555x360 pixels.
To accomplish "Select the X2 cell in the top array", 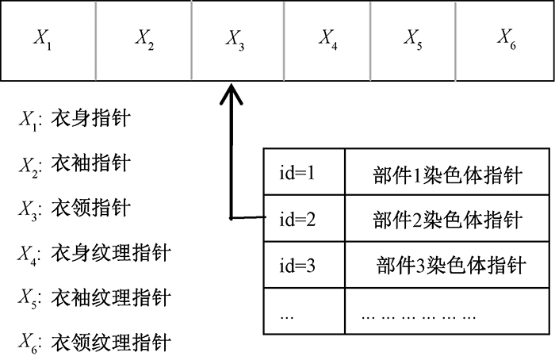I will coord(144,40).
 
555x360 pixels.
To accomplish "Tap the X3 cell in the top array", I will coord(235,40).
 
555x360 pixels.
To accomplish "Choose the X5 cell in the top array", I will coord(413,40).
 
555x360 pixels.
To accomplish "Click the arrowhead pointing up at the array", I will coord(231,97).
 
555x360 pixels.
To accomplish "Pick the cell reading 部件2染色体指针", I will coord(447,217).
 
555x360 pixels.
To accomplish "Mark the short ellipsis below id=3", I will coord(287,313).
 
